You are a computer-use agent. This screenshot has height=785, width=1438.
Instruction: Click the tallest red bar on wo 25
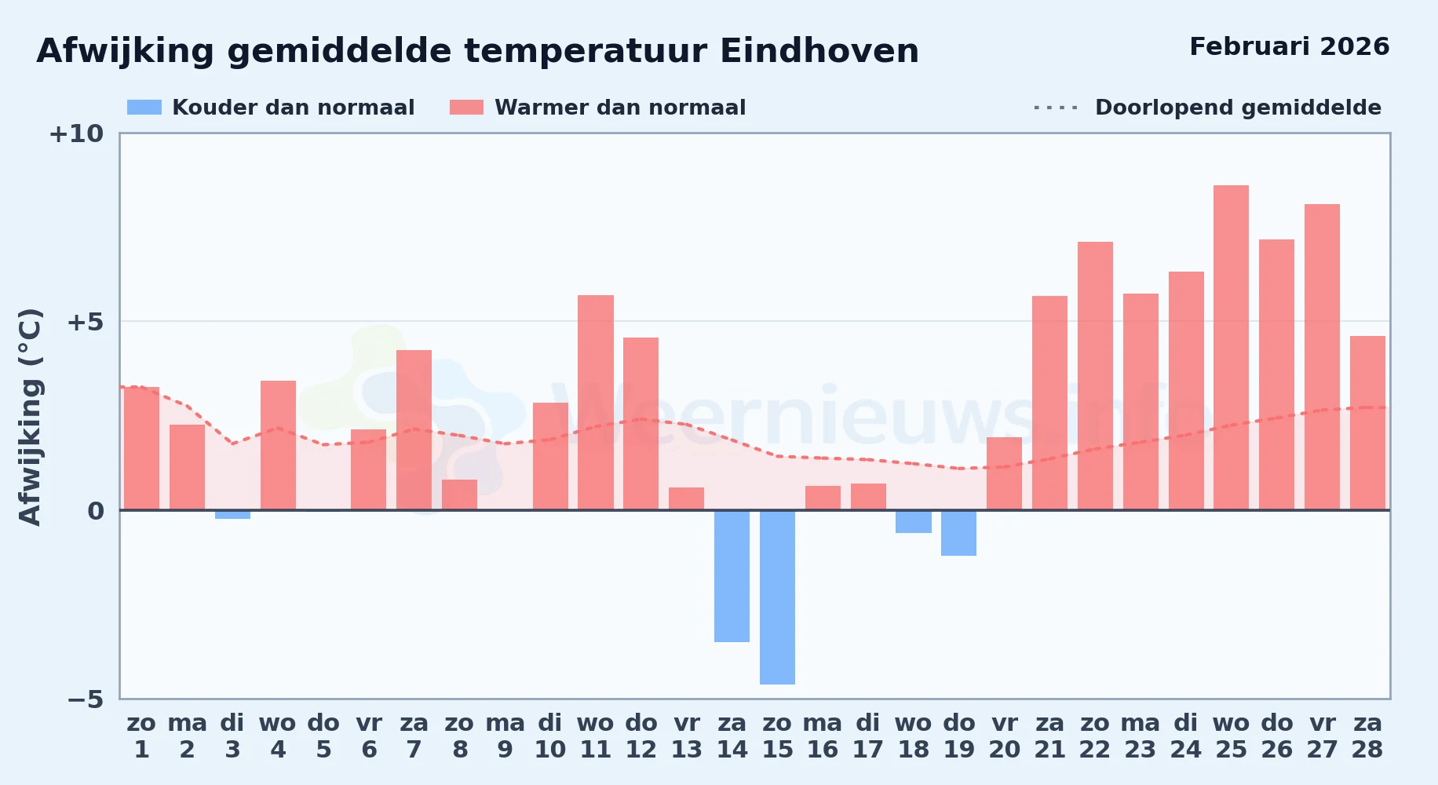point(1231,348)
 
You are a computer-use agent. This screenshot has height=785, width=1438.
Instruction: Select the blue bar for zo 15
point(777,597)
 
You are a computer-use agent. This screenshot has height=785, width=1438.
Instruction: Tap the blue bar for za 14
point(732,576)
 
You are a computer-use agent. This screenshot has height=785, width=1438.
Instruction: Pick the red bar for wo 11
point(596,403)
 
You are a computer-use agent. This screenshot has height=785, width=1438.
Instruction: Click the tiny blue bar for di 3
point(232,514)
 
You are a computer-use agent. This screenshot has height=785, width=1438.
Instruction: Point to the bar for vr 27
point(1322,357)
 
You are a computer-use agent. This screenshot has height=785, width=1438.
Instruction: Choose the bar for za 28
point(1367,423)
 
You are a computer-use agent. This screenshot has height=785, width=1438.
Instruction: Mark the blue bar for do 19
point(958,533)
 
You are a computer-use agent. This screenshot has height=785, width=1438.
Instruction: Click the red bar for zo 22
point(1095,376)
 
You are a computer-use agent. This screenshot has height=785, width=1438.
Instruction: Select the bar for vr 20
point(1004,473)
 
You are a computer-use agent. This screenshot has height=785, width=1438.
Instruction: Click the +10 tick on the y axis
point(76,133)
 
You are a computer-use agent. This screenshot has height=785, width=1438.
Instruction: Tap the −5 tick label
point(85,699)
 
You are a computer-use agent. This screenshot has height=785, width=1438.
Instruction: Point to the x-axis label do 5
point(323,736)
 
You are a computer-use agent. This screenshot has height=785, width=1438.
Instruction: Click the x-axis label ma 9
point(505,736)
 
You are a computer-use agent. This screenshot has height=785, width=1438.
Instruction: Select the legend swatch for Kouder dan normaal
point(144,108)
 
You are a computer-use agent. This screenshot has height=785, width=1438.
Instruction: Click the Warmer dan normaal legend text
point(620,108)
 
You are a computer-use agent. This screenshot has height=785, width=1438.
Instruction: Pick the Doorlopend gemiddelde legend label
point(1238,108)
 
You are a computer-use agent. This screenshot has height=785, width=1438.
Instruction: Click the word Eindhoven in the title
point(819,51)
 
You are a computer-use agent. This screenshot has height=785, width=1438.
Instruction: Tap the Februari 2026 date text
point(1290,46)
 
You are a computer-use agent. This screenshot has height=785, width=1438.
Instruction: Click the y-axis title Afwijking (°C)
point(30,417)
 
